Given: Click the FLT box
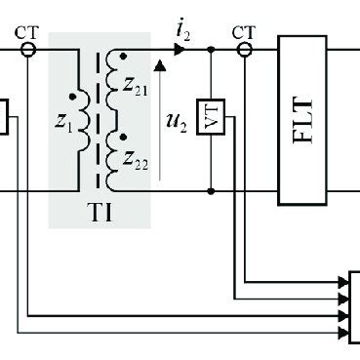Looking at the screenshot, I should (301, 119).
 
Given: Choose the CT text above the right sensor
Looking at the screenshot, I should (244, 30).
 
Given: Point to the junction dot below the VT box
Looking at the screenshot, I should (212, 190).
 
